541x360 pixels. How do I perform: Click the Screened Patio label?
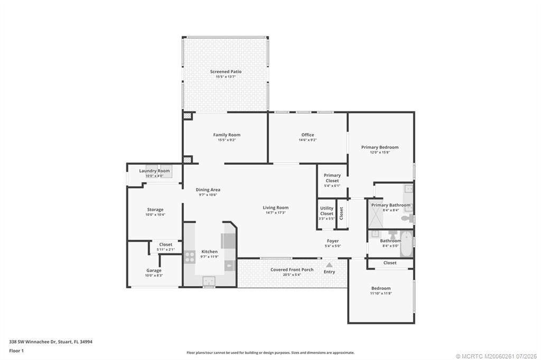click(226, 71)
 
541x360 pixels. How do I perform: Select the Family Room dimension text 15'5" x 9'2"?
click(227, 140)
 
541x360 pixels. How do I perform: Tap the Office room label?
click(307, 135)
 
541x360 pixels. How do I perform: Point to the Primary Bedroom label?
click(380, 147)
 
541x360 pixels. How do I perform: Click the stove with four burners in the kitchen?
click(189, 257)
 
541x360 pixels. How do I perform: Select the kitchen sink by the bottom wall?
click(209, 281)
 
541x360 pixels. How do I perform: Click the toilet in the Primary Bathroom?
click(407, 217)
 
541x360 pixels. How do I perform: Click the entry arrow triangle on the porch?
click(329, 265)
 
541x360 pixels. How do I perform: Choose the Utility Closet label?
click(327, 211)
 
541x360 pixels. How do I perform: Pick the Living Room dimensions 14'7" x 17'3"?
click(276, 213)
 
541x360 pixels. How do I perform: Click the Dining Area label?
click(208, 190)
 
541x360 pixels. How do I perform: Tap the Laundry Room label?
click(154, 171)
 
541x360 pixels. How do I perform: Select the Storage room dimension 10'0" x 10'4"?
click(155, 215)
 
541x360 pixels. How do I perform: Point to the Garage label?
click(154, 270)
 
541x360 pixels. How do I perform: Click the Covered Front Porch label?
click(292, 270)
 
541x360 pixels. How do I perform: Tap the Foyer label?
click(333, 241)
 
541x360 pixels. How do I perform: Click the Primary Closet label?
click(332, 178)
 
